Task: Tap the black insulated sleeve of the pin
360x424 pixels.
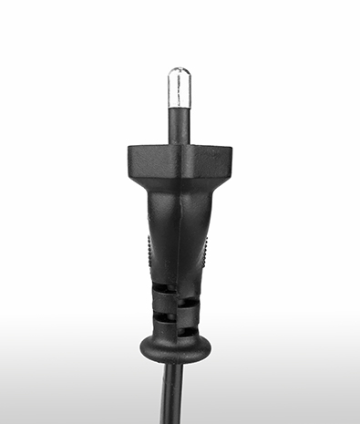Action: [x=180, y=125]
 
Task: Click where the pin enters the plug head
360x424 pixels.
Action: [x=180, y=143]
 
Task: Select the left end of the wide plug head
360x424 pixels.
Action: [x=131, y=160]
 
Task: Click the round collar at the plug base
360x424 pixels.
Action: [x=174, y=347]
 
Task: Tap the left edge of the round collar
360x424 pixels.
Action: [x=140, y=347]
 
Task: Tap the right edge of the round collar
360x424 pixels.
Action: [x=209, y=347]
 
